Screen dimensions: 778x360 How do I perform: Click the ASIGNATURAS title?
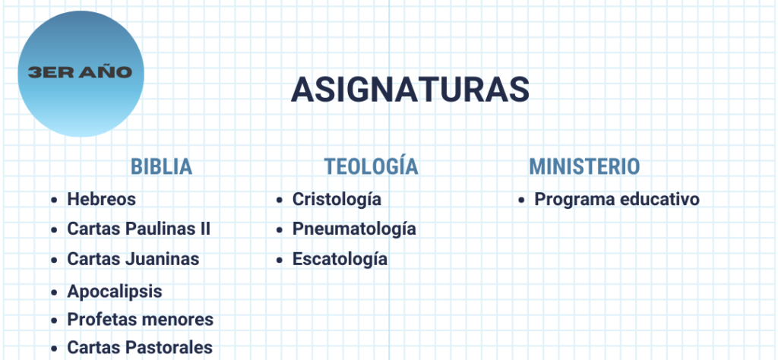tap(410, 90)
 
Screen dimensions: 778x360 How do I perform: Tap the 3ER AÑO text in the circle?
tap(81, 72)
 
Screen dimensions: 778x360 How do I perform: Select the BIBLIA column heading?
tap(161, 166)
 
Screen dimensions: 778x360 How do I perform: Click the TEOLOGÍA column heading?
tap(371, 166)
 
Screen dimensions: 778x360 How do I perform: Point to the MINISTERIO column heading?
tap(584, 166)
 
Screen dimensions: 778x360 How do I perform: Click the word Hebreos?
tap(101, 199)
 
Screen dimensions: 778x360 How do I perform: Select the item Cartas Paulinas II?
tap(139, 229)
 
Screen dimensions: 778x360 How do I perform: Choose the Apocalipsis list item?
tap(115, 292)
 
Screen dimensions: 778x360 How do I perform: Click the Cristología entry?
tap(337, 199)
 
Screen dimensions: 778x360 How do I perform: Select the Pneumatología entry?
tap(354, 229)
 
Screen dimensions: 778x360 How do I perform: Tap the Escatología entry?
tap(340, 259)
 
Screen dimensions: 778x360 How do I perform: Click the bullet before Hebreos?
tap(54, 200)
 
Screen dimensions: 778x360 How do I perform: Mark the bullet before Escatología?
tap(280, 259)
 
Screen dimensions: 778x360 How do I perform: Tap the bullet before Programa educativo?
tap(521, 200)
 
